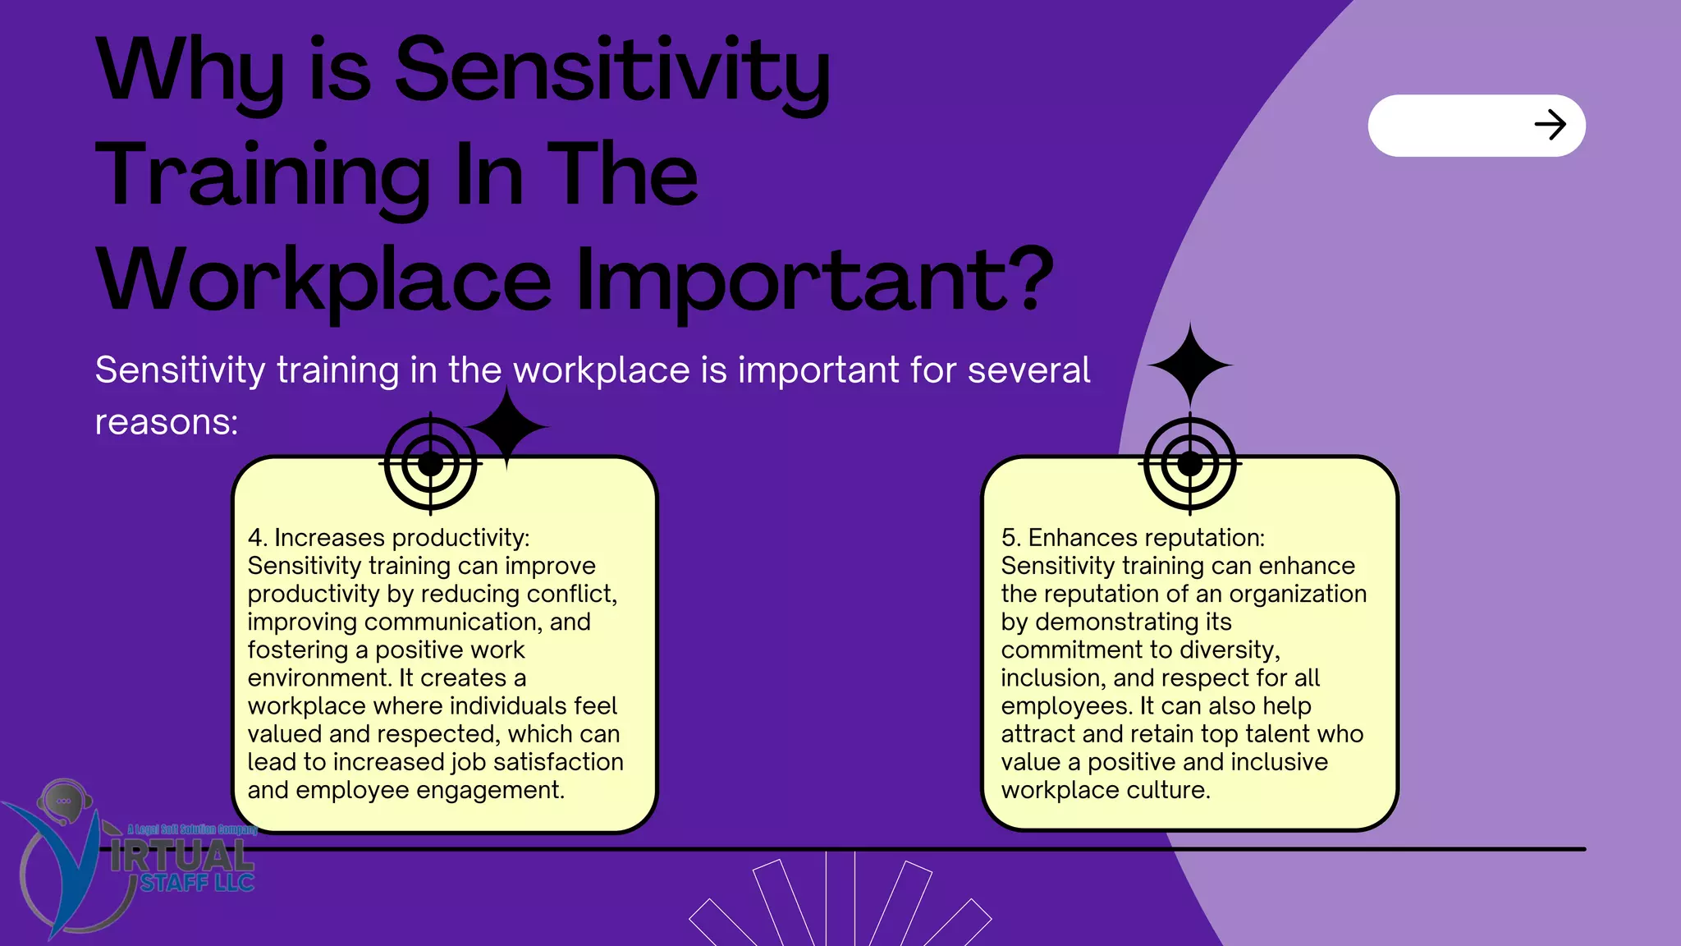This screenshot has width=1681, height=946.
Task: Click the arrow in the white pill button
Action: click(1550, 126)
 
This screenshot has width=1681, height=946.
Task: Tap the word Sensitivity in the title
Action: click(612, 72)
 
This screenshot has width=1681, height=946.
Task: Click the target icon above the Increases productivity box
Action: click(430, 464)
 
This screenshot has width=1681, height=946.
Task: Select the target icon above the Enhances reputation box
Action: click(1189, 464)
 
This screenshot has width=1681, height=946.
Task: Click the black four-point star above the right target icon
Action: click(1189, 365)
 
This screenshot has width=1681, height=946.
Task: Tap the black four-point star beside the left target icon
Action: click(506, 427)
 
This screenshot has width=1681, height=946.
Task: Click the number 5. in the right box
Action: click(1010, 538)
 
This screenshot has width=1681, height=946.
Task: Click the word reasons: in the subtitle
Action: click(167, 423)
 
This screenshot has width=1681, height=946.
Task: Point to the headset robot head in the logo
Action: click(64, 800)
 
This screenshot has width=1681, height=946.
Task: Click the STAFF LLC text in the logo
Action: click(197, 884)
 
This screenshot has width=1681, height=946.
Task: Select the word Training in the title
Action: click(263, 175)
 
